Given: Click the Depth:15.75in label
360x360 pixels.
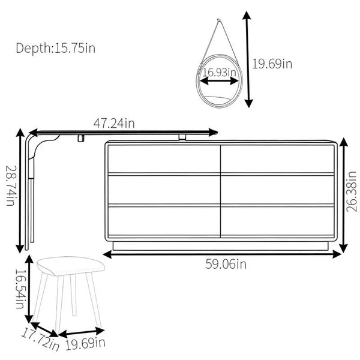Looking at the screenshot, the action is (55, 49).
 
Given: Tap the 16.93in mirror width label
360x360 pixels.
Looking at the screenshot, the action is (219, 72).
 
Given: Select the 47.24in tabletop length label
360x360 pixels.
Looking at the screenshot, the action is (114, 123).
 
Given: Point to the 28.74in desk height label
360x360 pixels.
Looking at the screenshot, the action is (11, 185).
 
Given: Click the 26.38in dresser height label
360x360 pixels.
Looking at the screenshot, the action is (352, 192).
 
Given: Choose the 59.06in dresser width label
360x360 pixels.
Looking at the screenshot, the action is (226, 264).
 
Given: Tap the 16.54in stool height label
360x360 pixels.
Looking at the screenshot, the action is (20, 289).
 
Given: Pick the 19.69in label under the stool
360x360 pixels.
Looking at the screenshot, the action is (85, 344).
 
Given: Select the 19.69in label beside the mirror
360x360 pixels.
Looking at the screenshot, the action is (272, 64).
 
